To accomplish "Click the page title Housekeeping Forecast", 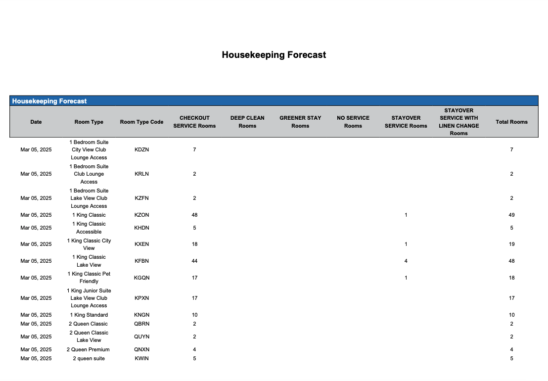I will click(274, 55).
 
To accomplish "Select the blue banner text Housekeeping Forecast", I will click(49, 101).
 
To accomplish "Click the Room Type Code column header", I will click(141, 122).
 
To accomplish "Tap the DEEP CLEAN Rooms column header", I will click(247, 122).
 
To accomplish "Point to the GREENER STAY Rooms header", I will click(300, 122).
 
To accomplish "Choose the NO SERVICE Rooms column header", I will click(353, 122).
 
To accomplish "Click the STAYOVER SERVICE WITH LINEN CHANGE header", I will click(458, 122).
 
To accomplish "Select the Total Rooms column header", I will click(511, 122).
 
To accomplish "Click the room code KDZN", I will click(141, 149).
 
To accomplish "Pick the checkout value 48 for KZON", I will click(194, 215).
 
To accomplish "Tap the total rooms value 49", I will click(511, 215).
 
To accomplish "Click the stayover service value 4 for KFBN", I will click(406, 261).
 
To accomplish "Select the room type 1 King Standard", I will click(89, 315).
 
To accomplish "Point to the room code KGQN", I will click(141, 278).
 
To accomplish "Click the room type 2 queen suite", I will click(89, 358).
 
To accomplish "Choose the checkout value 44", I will click(194, 261).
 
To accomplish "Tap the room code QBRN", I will click(141, 324).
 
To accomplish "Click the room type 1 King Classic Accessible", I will click(89, 228).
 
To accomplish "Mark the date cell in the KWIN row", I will click(36, 358).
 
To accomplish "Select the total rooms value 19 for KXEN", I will click(511, 244).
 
